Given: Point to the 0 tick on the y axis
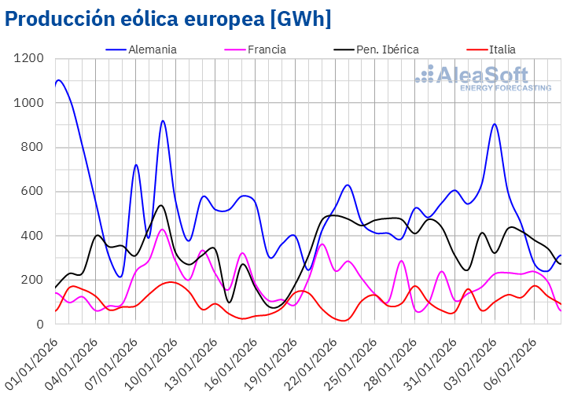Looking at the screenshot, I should [x=39, y=324].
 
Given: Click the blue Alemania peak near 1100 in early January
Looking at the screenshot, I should [x=59, y=80].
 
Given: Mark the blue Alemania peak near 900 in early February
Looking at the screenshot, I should [x=495, y=124].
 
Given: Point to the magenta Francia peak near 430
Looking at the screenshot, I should [x=162, y=229].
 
